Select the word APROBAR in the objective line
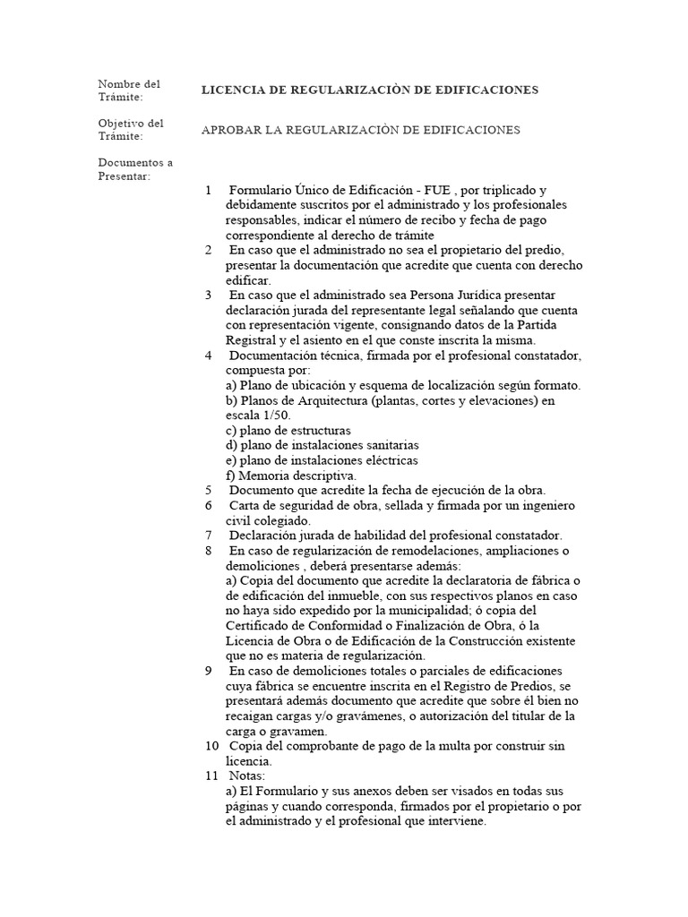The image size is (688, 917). [230, 130]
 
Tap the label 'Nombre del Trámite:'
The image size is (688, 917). [129, 90]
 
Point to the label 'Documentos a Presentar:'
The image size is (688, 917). [135, 169]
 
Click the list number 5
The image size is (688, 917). [208, 490]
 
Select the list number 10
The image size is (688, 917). [211, 746]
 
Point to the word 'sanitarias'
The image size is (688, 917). [390, 445]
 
